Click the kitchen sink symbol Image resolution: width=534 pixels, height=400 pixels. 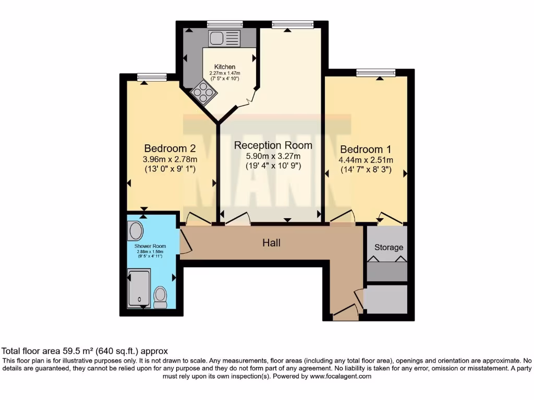[x=224, y=38]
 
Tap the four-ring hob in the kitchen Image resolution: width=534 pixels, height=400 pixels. [x=203, y=94]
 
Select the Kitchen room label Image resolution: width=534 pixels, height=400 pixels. [x=225, y=67]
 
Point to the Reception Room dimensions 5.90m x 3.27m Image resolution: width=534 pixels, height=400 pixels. [x=273, y=156]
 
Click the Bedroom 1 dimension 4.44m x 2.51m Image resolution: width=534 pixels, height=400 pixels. [x=366, y=160]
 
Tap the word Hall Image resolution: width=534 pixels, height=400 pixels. [x=271, y=243]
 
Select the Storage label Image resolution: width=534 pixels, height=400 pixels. [x=389, y=247]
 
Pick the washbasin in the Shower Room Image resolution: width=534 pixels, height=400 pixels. [x=136, y=231]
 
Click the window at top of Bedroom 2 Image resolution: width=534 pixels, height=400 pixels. [x=152, y=77]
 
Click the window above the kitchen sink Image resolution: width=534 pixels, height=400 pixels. [x=225, y=24]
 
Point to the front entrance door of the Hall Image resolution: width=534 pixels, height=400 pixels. [x=345, y=314]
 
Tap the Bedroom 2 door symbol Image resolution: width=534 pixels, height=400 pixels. [x=198, y=219]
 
